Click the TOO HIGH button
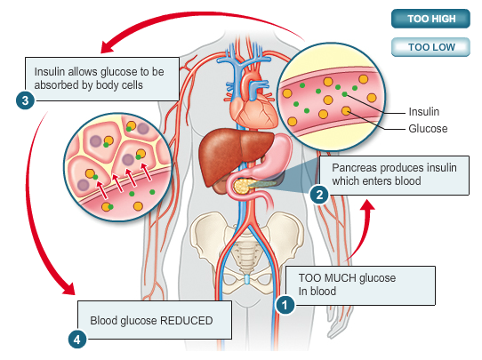(430, 19)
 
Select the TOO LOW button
(430, 47)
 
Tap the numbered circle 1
(285, 305)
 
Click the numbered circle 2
(319, 195)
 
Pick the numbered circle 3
(25, 100)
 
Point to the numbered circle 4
(77, 340)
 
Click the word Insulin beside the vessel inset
(424, 111)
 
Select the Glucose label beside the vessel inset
(428, 128)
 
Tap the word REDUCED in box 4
(186, 321)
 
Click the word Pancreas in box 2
(354, 168)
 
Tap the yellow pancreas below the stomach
(242, 186)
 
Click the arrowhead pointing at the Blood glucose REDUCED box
(68, 288)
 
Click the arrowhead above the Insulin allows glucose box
(108, 47)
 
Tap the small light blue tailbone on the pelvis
(246, 279)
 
